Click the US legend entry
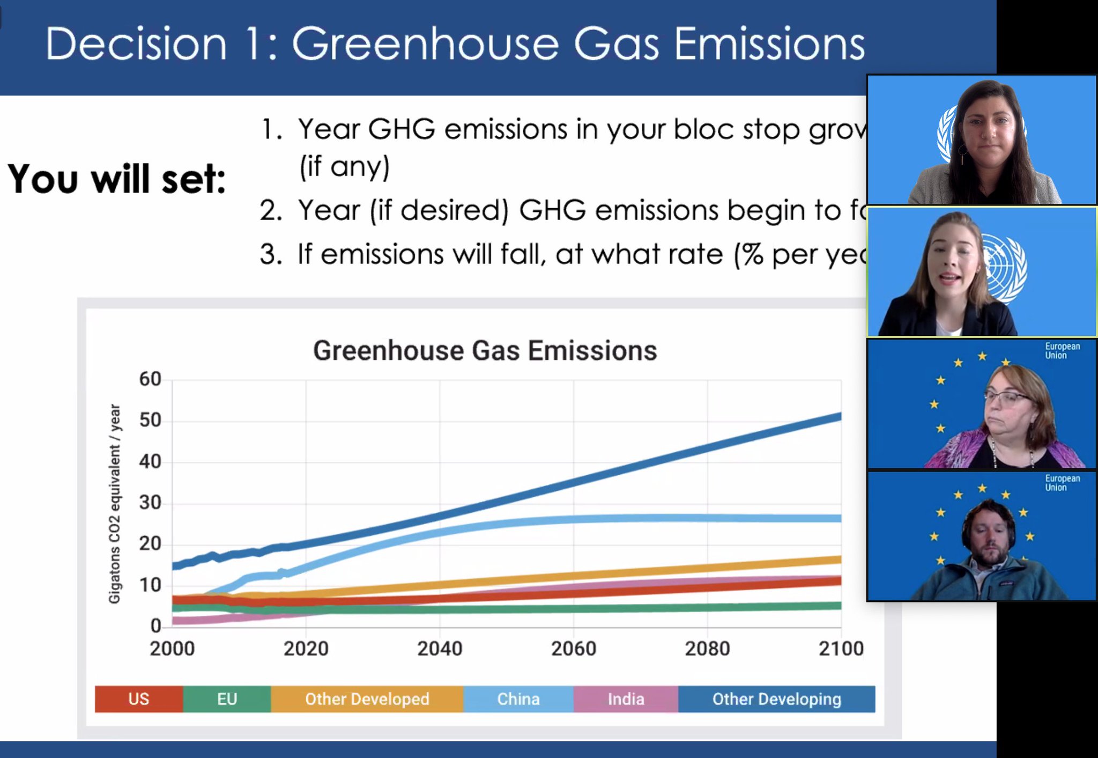tap(138, 699)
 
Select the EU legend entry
tap(227, 699)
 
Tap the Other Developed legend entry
tap(367, 699)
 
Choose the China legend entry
tap(518, 699)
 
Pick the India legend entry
tap(626, 699)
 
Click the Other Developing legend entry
tap(776, 699)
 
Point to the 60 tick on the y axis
tap(150, 379)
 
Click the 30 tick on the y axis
tap(150, 503)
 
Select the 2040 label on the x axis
tap(440, 649)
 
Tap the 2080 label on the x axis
tap(707, 649)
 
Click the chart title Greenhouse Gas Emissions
tap(485, 351)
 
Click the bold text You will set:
tap(117, 179)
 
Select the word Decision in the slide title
tap(136, 44)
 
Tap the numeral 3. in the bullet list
tap(271, 254)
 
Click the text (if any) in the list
tap(344, 166)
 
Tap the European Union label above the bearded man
tap(1062, 483)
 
